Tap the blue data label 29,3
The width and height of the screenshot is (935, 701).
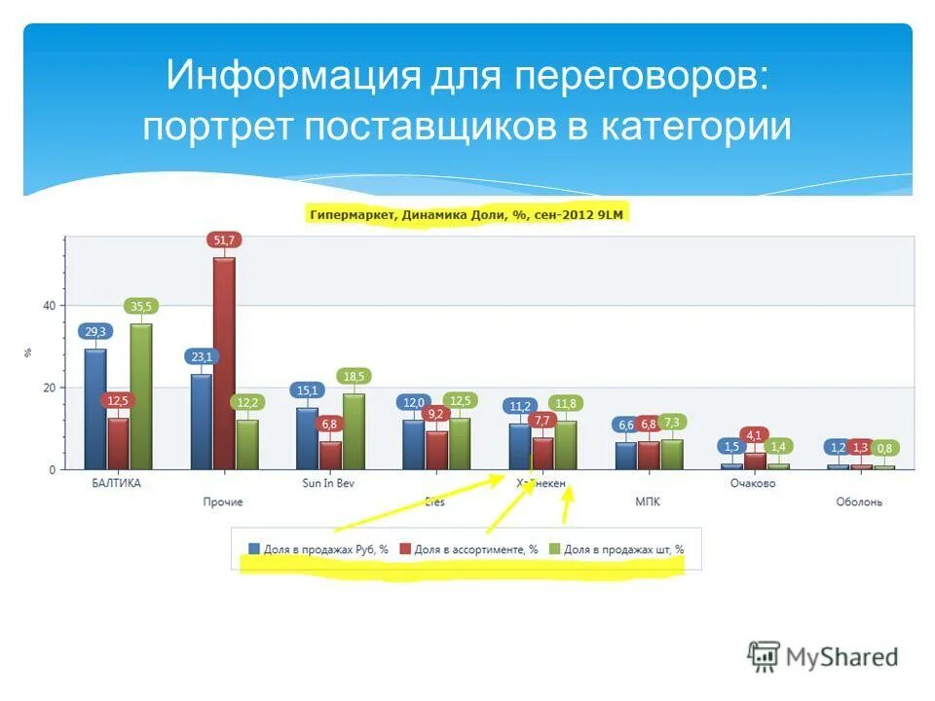point(95,331)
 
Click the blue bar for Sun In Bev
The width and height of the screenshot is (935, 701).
point(308,438)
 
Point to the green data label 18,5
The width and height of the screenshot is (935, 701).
point(354,376)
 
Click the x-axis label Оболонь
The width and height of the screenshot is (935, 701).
point(859,501)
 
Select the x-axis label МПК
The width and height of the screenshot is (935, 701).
point(648,501)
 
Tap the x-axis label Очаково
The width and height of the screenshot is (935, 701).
point(753,483)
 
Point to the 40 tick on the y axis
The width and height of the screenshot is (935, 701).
point(49,306)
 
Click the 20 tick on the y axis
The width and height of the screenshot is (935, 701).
point(49,387)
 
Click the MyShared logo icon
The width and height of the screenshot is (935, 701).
point(765,656)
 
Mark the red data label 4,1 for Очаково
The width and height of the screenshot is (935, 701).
point(753,434)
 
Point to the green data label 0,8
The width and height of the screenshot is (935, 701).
point(884,449)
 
